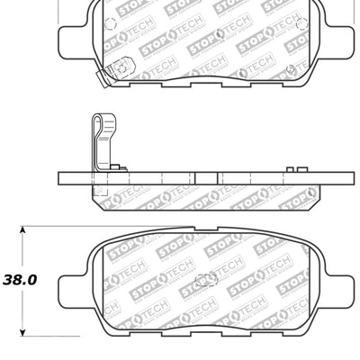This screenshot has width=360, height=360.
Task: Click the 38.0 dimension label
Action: pyautogui.click(x=20, y=279)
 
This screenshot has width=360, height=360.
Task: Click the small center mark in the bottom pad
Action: pyautogui.click(x=206, y=275)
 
